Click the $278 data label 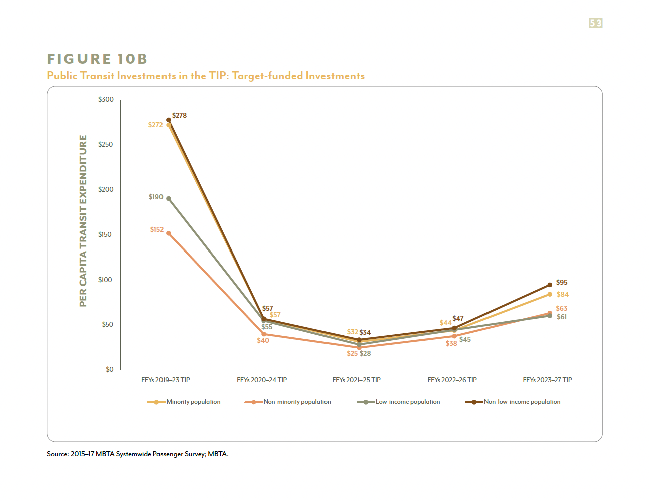coord(179,116)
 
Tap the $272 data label coord(155,125)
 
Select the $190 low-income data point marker coord(169,199)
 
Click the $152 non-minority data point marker coord(169,233)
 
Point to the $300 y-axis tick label coord(106,100)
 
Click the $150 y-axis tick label coord(106,235)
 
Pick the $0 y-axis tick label coord(109,370)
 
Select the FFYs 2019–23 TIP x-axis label coord(166,380)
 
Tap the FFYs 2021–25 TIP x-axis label coord(356,380)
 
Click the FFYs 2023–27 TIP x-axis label coord(547,380)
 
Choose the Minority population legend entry coord(184,402)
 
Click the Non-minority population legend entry coord(288,402)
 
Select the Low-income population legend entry coord(399,402)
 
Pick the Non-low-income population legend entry coord(513,402)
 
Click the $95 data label coord(562,283)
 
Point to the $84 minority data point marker coord(550,294)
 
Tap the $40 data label coord(263,341)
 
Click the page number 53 coord(595,23)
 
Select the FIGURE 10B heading coord(97,59)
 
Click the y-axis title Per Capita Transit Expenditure coord(83,220)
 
